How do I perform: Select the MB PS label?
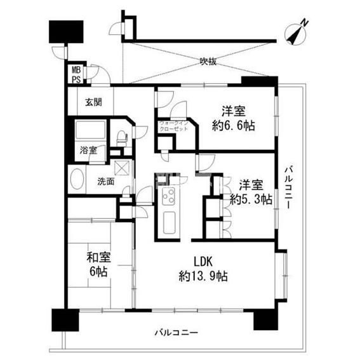point(76,75)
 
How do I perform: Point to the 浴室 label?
point(88,150)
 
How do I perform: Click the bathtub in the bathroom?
point(93,131)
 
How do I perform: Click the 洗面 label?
point(105,182)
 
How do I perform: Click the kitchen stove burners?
point(170,198)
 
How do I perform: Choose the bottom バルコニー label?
point(176,333)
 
